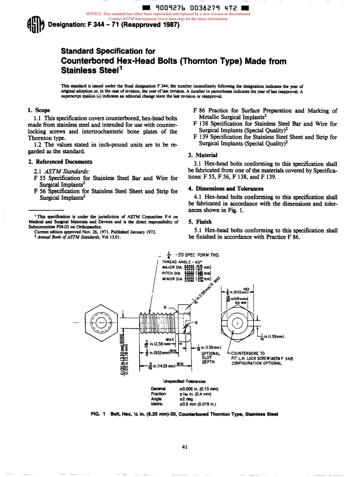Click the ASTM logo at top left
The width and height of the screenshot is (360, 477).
(x=36, y=27)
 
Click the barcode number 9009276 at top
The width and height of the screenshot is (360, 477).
(x=167, y=8)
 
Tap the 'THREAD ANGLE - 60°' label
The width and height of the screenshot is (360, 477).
(x=182, y=262)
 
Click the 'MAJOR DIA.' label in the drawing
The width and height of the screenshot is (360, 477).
(x=173, y=267)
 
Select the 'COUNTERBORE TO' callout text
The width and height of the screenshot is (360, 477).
(x=250, y=353)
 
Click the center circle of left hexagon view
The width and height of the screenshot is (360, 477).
(x=101, y=323)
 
